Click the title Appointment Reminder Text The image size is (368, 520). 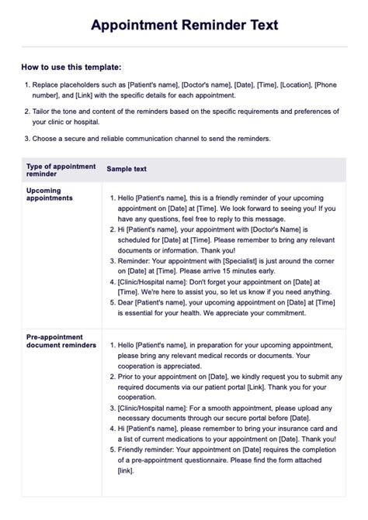(x=184, y=26)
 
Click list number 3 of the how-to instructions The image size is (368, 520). (x=26, y=139)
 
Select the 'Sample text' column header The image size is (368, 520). (x=126, y=169)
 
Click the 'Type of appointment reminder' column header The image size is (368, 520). (x=61, y=170)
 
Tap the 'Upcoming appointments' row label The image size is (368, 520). (x=49, y=193)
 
